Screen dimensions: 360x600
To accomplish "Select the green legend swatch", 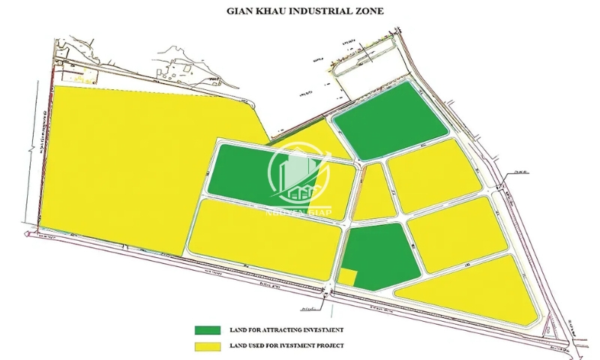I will point(208,330).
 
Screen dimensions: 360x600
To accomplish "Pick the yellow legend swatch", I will point(208,346).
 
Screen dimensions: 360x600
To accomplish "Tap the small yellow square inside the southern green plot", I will point(346,276).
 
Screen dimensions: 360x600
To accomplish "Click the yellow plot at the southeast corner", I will point(472,289).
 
